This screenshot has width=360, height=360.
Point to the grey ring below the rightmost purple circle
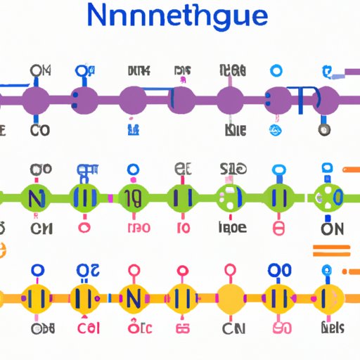point(323,130)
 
